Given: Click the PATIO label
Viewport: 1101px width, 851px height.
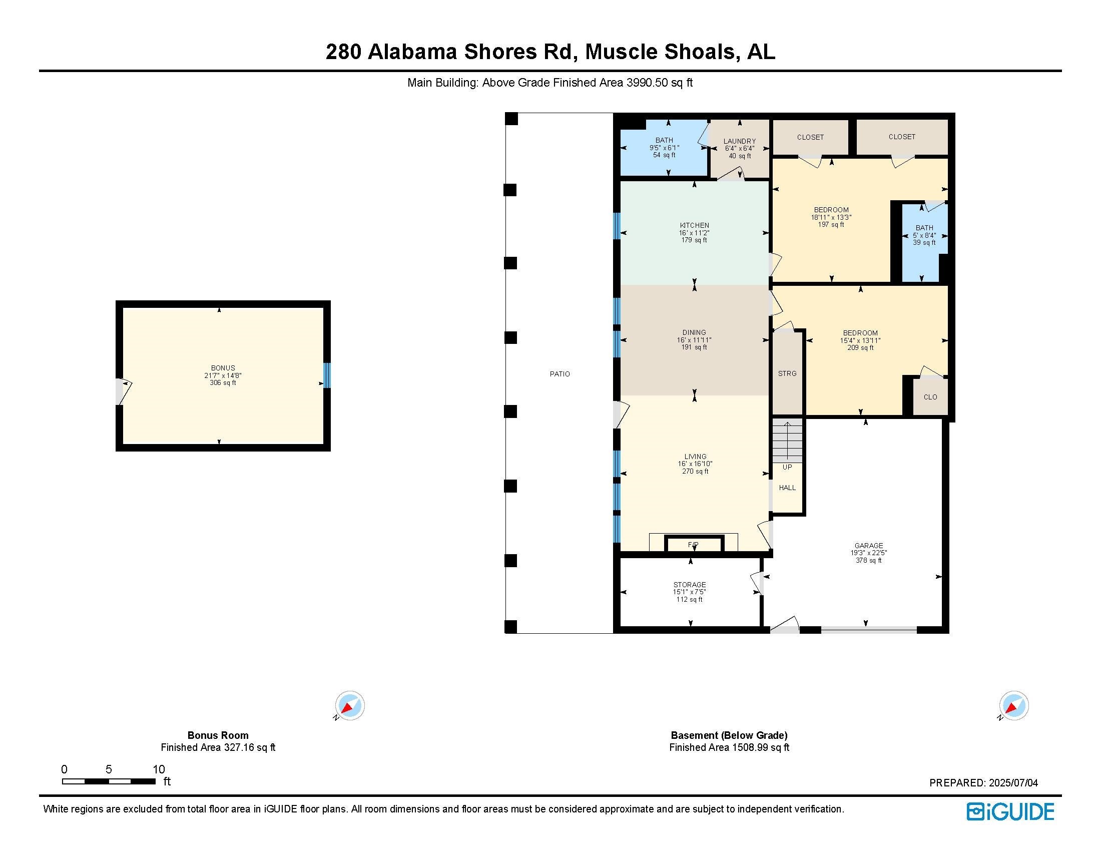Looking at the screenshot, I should tap(560, 373).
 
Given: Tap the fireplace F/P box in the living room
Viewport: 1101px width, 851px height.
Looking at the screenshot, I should tap(694, 545).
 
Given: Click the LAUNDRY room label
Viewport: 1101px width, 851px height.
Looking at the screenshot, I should tap(740, 142).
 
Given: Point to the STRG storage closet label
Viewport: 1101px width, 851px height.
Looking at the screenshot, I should tap(787, 373).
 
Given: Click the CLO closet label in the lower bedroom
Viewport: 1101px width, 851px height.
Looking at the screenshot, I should tap(930, 397).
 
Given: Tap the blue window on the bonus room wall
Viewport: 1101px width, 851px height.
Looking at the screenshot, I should tap(327, 375).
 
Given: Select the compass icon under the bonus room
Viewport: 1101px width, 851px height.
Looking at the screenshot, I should tap(350, 705).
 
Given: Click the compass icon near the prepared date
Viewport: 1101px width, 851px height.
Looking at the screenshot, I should tap(1013, 705).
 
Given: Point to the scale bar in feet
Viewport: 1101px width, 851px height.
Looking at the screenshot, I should tap(109, 781).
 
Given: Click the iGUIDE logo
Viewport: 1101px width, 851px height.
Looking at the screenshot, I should tap(1010, 811).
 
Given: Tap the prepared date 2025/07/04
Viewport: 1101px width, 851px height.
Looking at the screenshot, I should tap(1013, 783).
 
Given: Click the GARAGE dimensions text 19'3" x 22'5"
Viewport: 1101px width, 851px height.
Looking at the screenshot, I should tap(869, 553).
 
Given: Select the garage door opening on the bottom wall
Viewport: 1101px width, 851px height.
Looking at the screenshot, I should tap(869, 629).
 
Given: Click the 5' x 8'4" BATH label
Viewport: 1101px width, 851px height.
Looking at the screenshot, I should tap(924, 235).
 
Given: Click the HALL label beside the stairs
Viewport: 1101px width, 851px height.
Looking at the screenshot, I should tap(787, 488).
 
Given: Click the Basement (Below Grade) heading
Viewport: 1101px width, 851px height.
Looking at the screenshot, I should tap(729, 735).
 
